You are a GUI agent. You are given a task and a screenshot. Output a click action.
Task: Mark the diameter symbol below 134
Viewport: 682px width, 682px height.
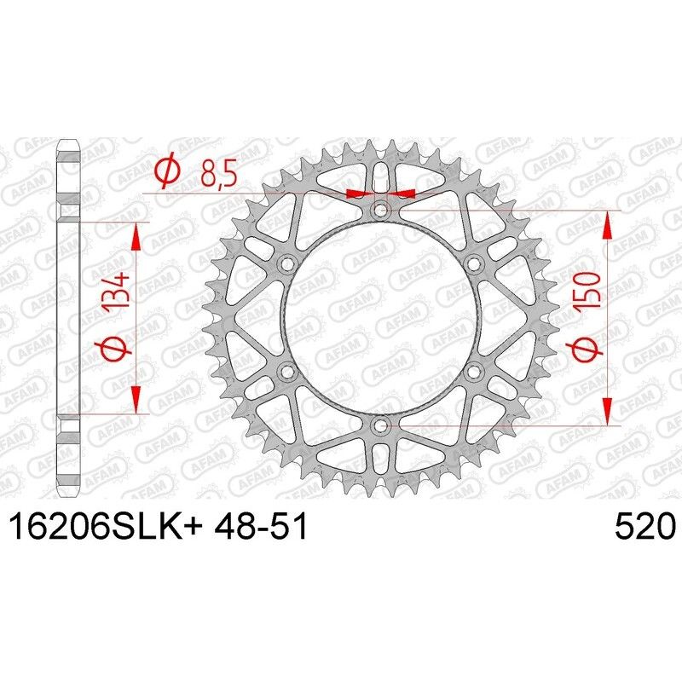coord(119,350)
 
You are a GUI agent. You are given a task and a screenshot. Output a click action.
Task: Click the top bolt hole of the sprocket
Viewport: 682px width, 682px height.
coord(380,210)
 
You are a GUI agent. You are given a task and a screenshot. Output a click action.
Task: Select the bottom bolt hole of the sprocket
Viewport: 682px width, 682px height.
coord(380,424)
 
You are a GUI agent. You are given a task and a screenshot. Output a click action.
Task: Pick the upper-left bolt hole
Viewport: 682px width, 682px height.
coord(286,263)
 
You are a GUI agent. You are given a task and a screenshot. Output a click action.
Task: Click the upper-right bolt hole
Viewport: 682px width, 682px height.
coord(474,263)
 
